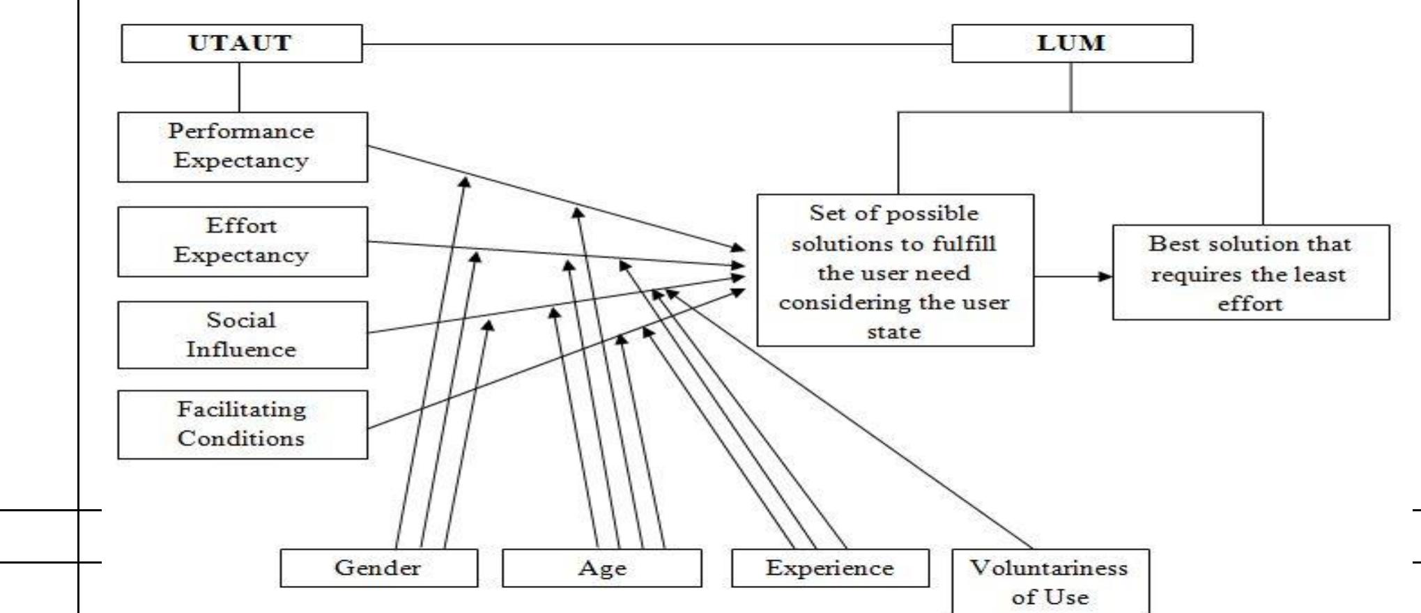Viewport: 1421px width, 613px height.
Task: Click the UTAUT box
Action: click(241, 43)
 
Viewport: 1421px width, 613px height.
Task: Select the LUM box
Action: click(1071, 43)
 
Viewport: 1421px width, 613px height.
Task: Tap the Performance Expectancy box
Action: click(242, 146)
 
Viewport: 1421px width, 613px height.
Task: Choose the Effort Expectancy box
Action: click(242, 241)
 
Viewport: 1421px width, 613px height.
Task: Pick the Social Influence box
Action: click(242, 334)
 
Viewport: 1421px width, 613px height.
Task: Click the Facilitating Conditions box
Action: click(242, 424)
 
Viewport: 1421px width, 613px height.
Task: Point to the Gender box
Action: click(378, 568)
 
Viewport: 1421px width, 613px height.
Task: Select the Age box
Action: click(601, 568)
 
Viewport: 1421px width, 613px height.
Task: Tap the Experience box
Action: click(829, 568)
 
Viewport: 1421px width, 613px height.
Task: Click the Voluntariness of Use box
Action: click(1050, 582)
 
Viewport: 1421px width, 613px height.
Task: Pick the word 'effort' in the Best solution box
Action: click(1250, 304)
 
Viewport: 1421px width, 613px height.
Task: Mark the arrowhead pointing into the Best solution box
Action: click(1105, 276)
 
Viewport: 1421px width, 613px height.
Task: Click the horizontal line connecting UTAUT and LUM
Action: click(655, 45)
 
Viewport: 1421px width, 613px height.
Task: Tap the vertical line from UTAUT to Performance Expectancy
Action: click(239, 87)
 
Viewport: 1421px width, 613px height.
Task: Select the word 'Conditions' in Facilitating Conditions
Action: click(240, 438)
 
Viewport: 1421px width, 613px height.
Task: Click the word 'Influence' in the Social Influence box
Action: click(241, 349)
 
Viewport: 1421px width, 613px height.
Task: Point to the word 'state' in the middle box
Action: click(893, 332)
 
